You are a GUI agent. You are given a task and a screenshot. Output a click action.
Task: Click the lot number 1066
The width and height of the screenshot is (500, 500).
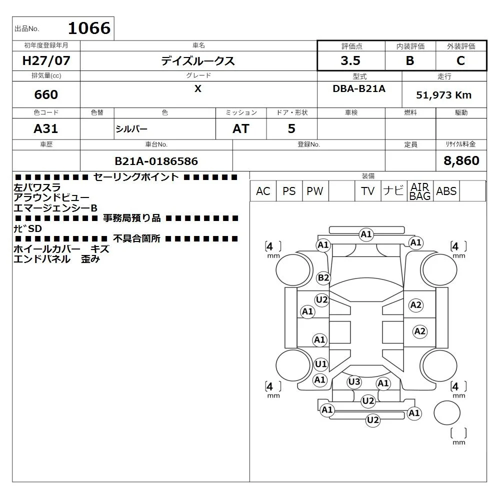pos(89,28)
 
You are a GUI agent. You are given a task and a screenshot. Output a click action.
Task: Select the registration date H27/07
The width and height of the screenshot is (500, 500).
pos(46,60)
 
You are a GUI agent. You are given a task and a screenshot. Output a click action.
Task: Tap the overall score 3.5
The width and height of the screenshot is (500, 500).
pos(350,60)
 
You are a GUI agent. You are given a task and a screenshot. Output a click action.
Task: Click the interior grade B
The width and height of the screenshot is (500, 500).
pos(410,60)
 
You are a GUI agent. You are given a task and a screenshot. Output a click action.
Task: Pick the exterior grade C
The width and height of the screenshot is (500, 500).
pos(461,60)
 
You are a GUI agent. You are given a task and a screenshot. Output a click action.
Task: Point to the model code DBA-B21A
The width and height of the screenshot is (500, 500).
pos(359,88)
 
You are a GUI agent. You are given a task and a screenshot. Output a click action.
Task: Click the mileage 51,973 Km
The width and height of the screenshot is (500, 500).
pos(444,95)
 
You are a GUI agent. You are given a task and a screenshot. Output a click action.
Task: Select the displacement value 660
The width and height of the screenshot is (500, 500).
pos(46,94)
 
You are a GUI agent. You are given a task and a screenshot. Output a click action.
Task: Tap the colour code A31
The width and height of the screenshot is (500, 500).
pos(46,129)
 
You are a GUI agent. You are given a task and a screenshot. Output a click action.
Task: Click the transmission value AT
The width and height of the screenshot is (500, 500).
pos(241,129)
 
